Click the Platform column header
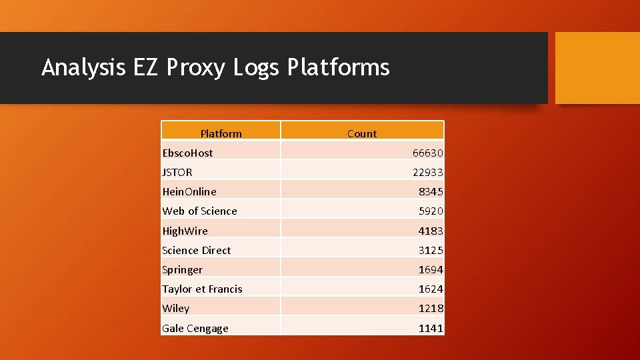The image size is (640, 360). coord(221,133)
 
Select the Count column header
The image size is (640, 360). coord(362,133)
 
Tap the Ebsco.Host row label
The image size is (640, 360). coord(187,153)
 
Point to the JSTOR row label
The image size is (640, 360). coord(177,172)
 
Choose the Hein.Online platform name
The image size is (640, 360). coord(189,191)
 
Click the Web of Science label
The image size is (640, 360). coord(199,211)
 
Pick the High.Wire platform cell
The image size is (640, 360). coord(185,231)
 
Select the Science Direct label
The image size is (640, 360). coord(196,250)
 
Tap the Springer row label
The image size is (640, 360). coord(182,269)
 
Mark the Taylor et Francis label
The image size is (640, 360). coord(202,289)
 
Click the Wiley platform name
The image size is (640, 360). coord(175,308)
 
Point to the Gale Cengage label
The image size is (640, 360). coord(195,328)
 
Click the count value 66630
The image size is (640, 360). coord(427,153)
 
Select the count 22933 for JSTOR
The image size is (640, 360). coord(427,172)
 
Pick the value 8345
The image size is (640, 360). coord(431,191)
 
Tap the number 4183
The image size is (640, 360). coord(431,231)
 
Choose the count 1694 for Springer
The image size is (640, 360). coord(431,269)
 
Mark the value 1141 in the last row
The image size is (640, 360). coord(431,328)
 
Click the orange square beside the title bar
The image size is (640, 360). coord(597,68)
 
